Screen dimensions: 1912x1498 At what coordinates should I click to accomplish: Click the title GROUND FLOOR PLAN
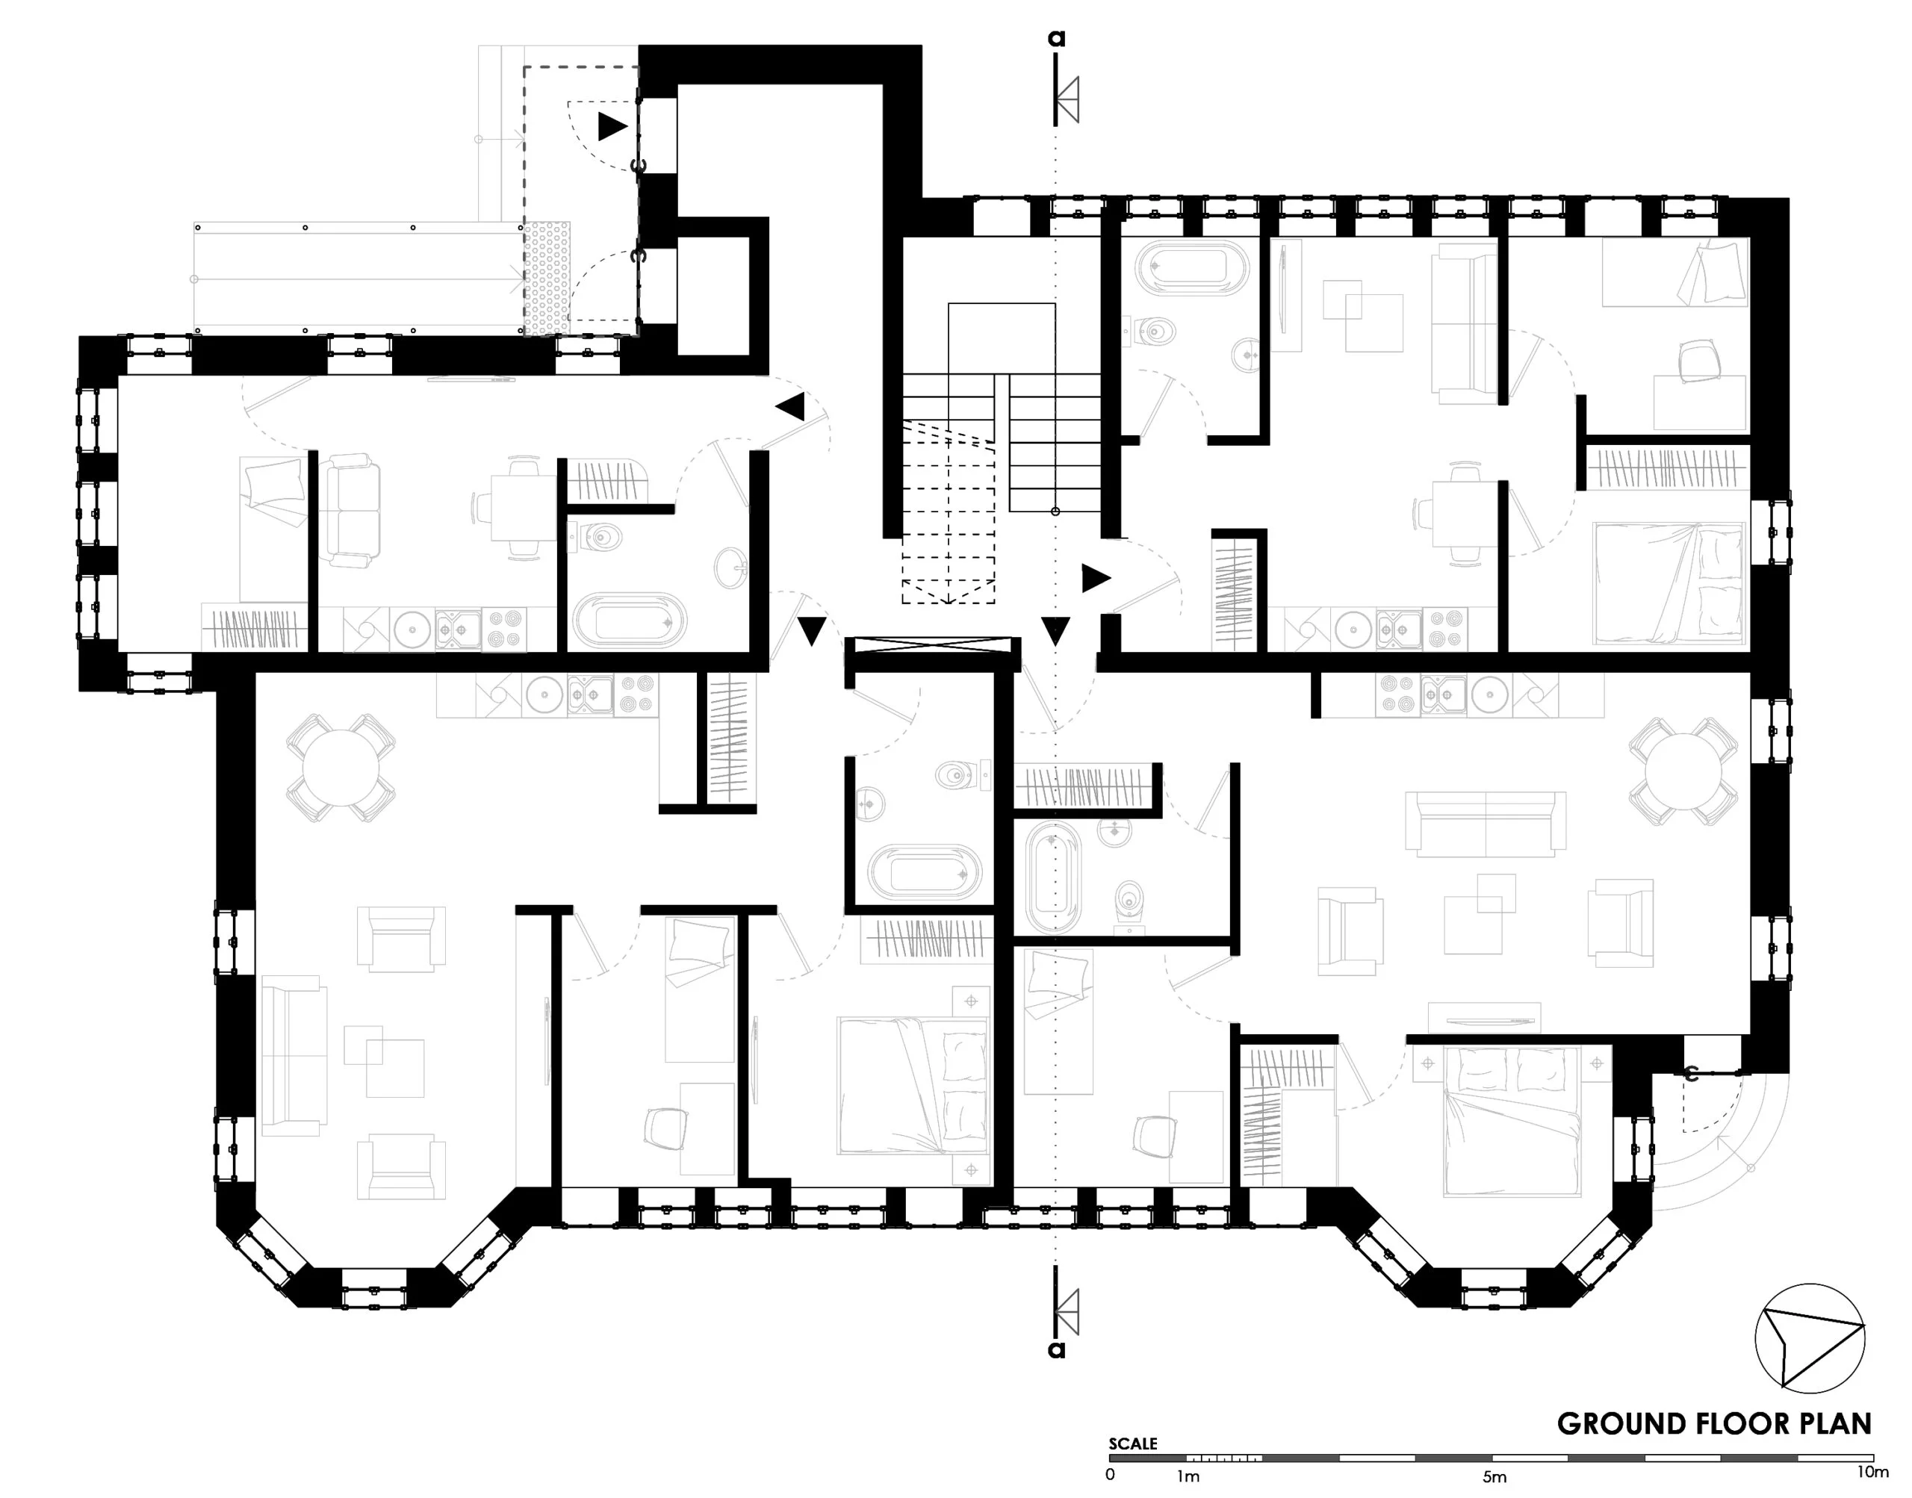coord(1714,1423)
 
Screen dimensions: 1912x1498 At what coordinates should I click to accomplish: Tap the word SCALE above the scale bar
coord(1132,1443)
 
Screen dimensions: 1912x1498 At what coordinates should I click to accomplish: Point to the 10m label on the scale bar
coord(1871,1472)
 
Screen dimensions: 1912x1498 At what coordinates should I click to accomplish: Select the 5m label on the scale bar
coord(1494,1477)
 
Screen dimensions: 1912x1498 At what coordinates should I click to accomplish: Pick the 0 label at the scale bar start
coord(1111,1474)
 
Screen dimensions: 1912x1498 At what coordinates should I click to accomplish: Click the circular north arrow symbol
coord(1810,1338)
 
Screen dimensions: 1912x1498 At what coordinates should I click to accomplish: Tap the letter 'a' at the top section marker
coord(1057,39)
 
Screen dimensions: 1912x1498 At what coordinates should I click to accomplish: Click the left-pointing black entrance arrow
coord(790,406)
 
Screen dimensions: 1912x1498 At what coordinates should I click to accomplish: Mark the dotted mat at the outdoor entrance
coord(547,277)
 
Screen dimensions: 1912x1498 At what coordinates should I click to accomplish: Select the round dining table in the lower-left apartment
coord(341,769)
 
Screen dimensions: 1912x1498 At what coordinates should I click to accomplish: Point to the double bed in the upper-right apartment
coord(1669,583)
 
